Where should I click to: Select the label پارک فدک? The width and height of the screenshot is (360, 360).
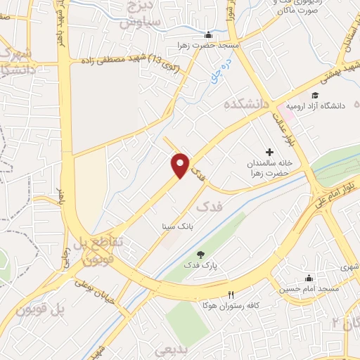click(202, 266)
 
